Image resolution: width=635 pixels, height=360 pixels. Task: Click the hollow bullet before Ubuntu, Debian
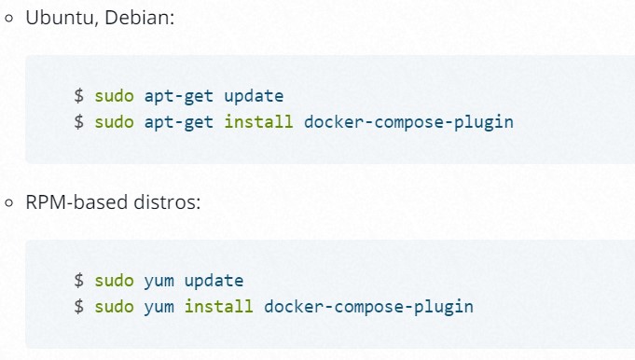pos(10,20)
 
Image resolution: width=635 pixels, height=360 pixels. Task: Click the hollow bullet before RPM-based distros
pos(10,203)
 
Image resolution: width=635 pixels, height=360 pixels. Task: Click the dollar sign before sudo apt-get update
pos(80,96)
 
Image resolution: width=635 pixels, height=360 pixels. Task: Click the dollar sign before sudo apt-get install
pos(80,122)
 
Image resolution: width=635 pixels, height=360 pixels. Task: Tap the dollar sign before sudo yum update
pos(80,280)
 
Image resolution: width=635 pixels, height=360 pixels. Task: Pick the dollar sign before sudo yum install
pos(80,306)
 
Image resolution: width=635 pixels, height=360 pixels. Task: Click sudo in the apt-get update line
pos(115,96)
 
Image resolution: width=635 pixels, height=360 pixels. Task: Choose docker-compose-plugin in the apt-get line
pos(408,122)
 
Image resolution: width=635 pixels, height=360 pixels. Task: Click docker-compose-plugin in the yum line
pos(368,306)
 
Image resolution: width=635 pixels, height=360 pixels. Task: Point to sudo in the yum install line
pos(115,306)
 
